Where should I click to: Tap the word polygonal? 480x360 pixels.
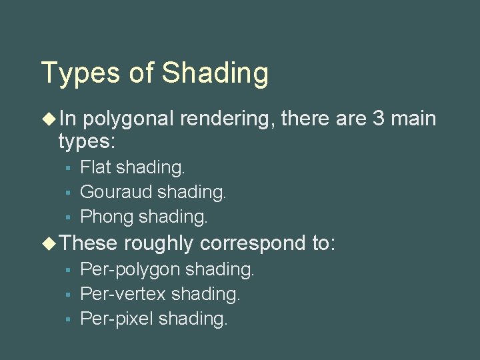pyautogui.click(x=128, y=119)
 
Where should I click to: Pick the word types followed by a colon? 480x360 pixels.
pyautogui.click(x=87, y=141)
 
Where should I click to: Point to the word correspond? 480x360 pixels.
pyautogui.click(x=253, y=243)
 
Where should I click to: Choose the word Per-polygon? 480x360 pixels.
pyautogui.click(x=130, y=269)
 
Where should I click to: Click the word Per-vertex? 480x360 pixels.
pyautogui.click(x=123, y=294)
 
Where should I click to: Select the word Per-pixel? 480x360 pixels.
pyautogui.click(x=117, y=319)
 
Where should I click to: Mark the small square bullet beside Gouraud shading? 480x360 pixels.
pyautogui.click(x=67, y=193)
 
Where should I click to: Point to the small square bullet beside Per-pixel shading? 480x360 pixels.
pyautogui.click(x=67, y=319)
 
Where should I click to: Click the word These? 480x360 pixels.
pyautogui.click(x=88, y=243)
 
